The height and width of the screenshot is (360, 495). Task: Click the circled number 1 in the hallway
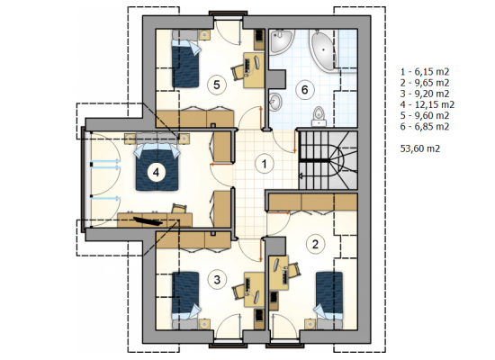pos(265,164)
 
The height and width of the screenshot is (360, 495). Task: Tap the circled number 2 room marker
pos(315,244)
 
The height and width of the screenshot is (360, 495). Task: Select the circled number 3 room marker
pos(217,280)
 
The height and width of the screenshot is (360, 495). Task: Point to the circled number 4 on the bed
pos(156,173)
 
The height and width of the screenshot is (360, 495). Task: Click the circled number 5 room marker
pos(217,85)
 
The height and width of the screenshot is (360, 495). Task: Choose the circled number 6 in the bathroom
pos(304,90)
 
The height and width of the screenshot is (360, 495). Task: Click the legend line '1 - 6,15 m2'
pos(425,72)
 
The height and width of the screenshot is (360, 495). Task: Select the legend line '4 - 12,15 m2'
pos(427,104)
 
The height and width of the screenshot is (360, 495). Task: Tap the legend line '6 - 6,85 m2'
pos(425,127)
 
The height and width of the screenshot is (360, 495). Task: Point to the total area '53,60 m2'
pos(420,148)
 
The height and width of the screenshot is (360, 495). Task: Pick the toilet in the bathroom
pos(319,116)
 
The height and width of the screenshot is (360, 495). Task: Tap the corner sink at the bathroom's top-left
pos(281,41)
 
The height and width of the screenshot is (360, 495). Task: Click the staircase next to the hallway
pos(328,160)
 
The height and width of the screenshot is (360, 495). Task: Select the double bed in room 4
pos(157,166)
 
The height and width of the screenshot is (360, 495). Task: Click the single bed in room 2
pos(329,295)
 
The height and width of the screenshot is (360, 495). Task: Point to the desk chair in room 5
pos(238,73)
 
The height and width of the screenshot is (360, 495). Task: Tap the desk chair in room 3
pos(238,292)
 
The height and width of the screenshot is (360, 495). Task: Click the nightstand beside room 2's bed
pos(310,324)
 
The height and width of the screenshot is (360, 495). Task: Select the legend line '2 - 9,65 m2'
pos(425,83)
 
